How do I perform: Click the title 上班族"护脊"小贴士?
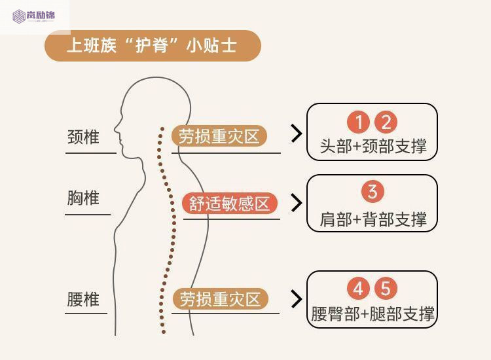tap(152, 46)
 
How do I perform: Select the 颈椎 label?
tap(83, 137)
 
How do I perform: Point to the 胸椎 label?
tap(83, 198)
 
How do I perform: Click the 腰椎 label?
tap(83, 300)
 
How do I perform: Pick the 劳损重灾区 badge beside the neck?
tap(219, 136)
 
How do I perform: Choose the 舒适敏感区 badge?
tap(230, 203)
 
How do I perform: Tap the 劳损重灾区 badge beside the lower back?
tap(219, 299)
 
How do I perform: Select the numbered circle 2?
tap(386, 122)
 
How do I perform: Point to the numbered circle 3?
tap(373, 192)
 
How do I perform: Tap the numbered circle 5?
tap(386, 289)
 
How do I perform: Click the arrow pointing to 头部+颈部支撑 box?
tap(297, 134)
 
